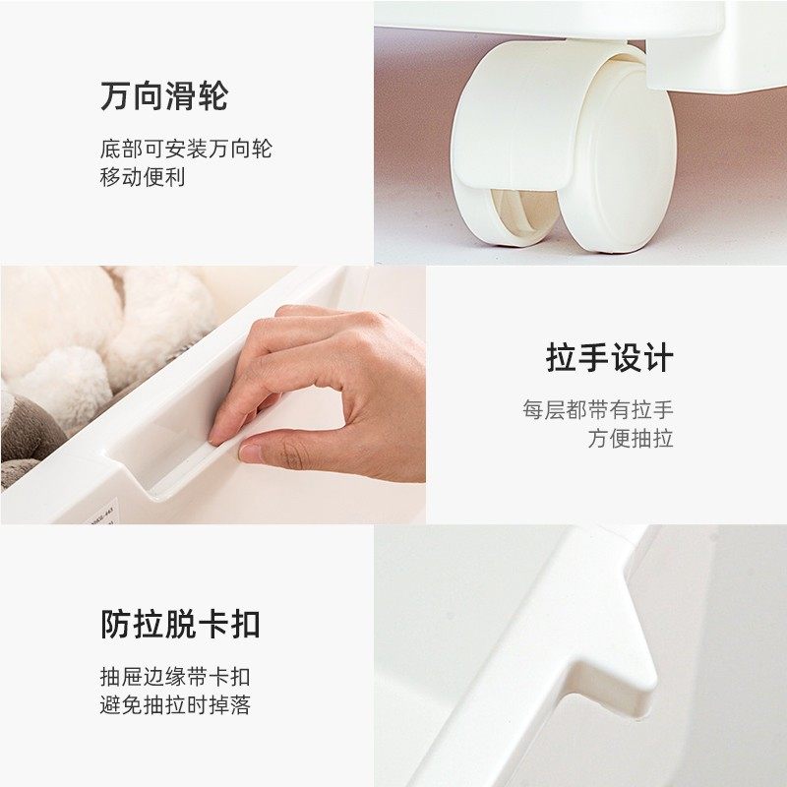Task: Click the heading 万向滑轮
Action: coord(163,96)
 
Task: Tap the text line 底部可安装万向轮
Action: coord(185,150)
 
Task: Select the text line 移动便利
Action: coord(142,177)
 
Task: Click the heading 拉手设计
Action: coord(609,358)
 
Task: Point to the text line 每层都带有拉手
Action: coord(597,410)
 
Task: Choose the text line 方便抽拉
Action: coord(631,439)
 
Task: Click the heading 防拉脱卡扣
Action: coord(180,624)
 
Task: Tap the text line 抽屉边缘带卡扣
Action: coord(175,677)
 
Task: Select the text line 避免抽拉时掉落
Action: coord(175,704)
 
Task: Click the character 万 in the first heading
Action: coord(115,96)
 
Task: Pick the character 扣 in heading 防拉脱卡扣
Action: coord(245,624)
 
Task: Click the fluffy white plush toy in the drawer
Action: coord(108,334)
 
